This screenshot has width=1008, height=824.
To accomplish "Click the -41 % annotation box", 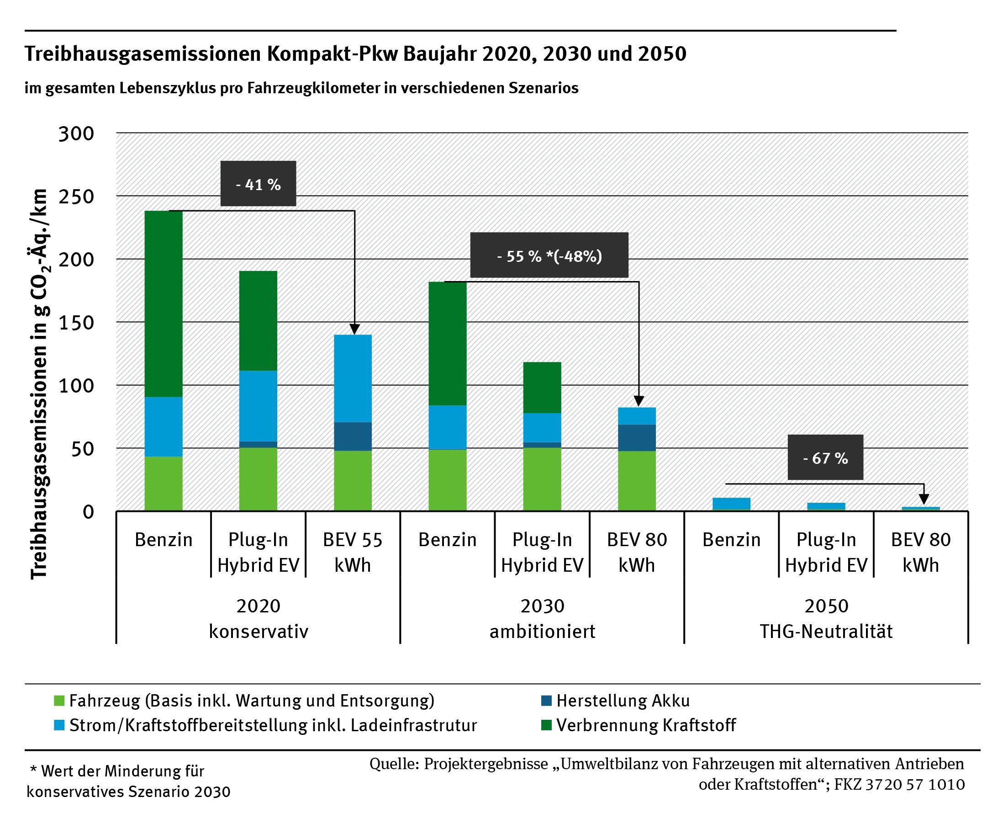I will pyautogui.click(x=258, y=184).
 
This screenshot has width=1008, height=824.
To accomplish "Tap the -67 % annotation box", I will pyautogui.click(x=825, y=457).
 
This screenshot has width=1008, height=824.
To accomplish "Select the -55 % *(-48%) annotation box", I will pyautogui.click(x=549, y=255).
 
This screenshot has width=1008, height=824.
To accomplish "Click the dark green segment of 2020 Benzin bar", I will pyautogui.click(x=163, y=304).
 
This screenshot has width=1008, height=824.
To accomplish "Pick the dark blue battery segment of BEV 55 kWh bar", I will pyautogui.click(x=353, y=436).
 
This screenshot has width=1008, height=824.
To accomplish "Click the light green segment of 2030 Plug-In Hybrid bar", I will pyautogui.click(x=542, y=479).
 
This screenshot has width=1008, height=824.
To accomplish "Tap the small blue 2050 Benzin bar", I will pyautogui.click(x=731, y=504).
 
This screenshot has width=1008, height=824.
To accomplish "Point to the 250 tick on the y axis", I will pyautogui.click(x=76, y=197).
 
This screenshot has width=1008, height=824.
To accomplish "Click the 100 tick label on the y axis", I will pyautogui.click(x=76, y=385).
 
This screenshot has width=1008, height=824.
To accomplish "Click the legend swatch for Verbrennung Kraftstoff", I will pyautogui.click(x=546, y=725).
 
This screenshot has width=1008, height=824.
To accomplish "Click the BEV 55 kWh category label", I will pyautogui.click(x=353, y=552).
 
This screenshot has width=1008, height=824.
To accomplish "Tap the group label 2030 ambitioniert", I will pyautogui.click(x=542, y=618).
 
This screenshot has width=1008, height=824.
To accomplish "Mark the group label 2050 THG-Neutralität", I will pyautogui.click(x=826, y=618).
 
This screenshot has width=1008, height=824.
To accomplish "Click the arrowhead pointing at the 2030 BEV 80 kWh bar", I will pyautogui.click(x=639, y=402).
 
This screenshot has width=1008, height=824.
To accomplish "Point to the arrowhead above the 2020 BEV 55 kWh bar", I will pyautogui.click(x=354, y=330).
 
